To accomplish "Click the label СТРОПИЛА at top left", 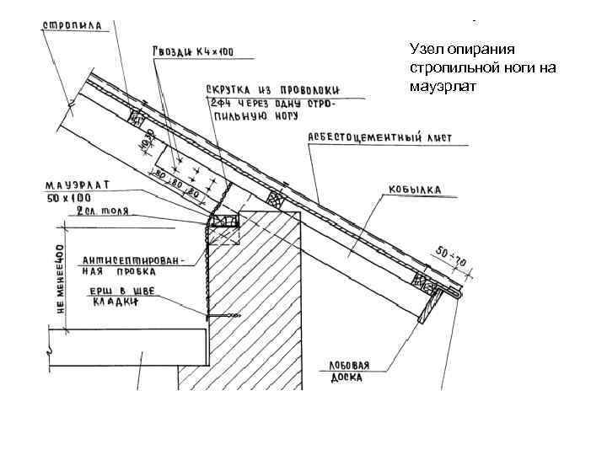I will tap(73, 25).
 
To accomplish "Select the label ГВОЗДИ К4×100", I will tap(193, 52).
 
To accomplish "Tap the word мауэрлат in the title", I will tap(442, 84).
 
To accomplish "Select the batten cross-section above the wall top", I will tap(273, 201).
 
